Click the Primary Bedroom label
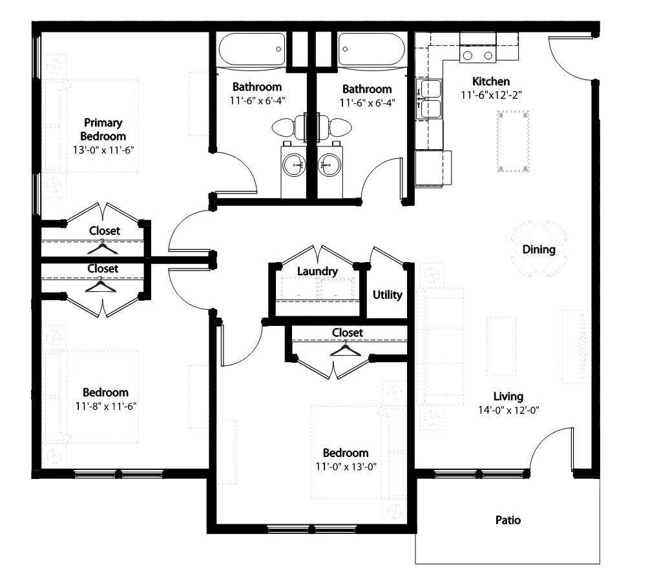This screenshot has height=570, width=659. pyautogui.click(x=103, y=129)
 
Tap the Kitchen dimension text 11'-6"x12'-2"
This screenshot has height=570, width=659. pyautogui.click(x=491, y=95)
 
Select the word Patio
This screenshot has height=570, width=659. pyautogui.click(x=508, y=520)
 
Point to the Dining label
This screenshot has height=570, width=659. pyautogui.click(x=538, y=249)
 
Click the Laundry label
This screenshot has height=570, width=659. pyautogui.click(x=317, y=271)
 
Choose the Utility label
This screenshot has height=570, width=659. pyautogui.click(x=387, y=295)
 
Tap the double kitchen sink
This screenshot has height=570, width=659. pyautogui.click(x=430, y=99)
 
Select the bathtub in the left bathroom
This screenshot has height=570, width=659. pyautogui.click(x=252, y=49)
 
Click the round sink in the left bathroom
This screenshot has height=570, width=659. pyautogui.click(x=297, y=165)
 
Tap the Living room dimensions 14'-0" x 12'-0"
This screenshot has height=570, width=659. pyautogui.click(x=508, y=409)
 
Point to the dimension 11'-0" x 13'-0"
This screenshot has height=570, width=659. pyautogui.click(x=346, y=465)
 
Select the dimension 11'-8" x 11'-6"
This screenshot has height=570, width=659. pyautogui.click(x=105, y=405)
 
